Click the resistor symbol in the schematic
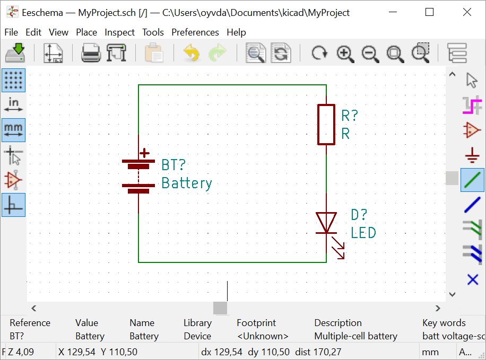click(326, 125)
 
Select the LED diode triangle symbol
click(326, 222)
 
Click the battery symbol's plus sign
click(144, 153)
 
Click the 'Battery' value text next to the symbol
click(186, 183)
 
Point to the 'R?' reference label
click(350, 116)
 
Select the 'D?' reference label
click(359, 215)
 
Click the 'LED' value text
click(363, 233)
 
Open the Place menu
click(86, 32)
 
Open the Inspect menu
click(119, 32)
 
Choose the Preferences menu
click(195, 32)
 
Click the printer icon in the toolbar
click(90, 53)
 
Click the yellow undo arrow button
click(191, 53)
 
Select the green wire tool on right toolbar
click(472, 180)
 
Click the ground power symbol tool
click(472, 155)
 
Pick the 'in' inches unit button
click(13, 104)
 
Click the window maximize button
click(430, 12)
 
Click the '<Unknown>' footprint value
click(263, 336)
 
